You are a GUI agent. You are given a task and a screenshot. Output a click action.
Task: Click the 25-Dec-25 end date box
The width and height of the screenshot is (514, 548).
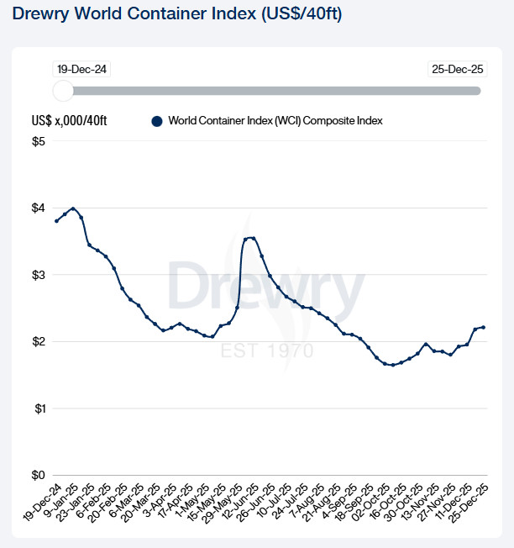[x=454, y=69]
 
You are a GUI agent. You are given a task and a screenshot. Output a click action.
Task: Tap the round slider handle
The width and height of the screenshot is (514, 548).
[x=63, y=91]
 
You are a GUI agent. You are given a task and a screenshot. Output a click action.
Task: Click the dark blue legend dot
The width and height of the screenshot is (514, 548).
[x=156, y=121]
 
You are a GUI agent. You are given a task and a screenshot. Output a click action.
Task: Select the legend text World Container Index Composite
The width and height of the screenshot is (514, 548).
[x=275, y=121]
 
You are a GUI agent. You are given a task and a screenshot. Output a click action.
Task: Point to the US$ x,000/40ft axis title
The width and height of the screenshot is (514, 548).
[x=69, y=121]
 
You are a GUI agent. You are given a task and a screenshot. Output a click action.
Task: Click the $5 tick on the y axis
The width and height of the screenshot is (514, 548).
[x=39, y=141]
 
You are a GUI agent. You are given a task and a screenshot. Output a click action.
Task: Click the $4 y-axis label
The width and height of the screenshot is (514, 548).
[x=39, y=208]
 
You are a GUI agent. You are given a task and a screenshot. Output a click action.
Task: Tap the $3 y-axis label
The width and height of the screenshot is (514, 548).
[x=39, y=275]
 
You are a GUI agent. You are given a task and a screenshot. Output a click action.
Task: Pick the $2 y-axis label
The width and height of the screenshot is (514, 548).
[x=39, y=341]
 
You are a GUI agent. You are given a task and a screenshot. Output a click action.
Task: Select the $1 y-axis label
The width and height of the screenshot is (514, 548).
[x=39, y=408]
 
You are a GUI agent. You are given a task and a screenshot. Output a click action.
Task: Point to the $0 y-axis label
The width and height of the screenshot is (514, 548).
[x=39, y=475]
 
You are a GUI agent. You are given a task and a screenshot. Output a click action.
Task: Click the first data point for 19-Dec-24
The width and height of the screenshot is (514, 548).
[x=56, y=221]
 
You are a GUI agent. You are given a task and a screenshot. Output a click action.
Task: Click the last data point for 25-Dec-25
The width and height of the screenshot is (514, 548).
[x=483, y=327]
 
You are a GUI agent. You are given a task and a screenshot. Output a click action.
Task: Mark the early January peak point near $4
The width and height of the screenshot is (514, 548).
[x=73, y=208]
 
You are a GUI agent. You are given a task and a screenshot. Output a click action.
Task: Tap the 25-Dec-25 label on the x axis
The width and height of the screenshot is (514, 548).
[x=470, y=501]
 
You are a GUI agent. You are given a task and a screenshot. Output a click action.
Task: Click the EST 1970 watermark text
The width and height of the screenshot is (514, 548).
[x=267, y=350]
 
